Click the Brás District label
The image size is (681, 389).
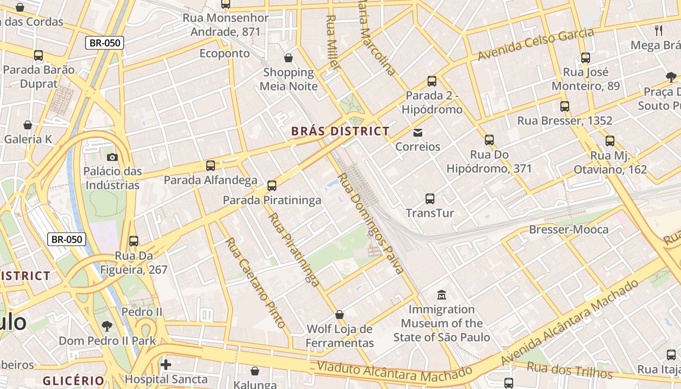click(x=340, y=131)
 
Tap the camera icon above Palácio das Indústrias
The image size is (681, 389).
click(x=112, y=157)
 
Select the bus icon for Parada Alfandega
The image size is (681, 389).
click(x=211, y=166)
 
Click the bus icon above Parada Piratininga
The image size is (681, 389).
click(x=272, y=186)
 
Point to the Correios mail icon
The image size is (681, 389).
click(x=417, y=132)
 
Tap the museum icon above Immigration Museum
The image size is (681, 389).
click(x=442, y=295)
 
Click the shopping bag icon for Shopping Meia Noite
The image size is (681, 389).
click(x=288, y=58)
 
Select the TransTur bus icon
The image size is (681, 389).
click(x=430, y=199)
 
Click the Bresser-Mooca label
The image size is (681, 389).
click(x=569, y=230)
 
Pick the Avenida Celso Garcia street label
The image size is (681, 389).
click(x=536, y=44)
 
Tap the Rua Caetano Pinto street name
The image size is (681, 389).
click(x=255, y=283)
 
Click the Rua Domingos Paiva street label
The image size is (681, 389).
click(x=371, y=224)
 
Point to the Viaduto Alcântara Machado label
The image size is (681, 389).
click(x=394, y=372)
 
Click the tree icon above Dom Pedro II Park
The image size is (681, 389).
click(x=107, y=326)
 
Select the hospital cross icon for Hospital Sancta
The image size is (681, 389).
click(x=166, y=365)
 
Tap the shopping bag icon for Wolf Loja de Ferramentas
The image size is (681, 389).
click(x=340, y=315)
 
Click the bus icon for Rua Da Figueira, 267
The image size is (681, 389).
click(x=134, y=241)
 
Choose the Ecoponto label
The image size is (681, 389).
click(x=225, y=53)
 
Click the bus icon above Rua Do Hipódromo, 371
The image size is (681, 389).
click(x=489, y=141)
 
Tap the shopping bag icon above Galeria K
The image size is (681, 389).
click(x=28, y=125)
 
